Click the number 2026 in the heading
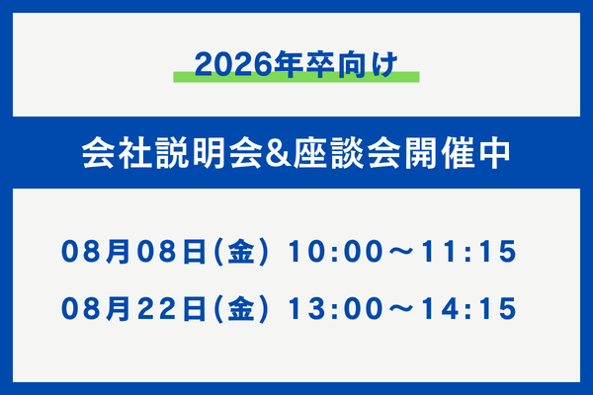point(233,64)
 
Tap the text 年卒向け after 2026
point(336,64)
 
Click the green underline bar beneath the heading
point(296,77)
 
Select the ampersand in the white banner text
point(278,154)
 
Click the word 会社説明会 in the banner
point(172,153)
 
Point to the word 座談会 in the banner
point(347,153)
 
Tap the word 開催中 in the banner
point(458,153)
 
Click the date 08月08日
point(133,252)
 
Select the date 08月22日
point(133,308)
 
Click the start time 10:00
point(335,252)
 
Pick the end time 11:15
point(468,252)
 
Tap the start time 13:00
point(335,308)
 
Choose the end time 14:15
point(468,308)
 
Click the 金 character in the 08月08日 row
point(241,252)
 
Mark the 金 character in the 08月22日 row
point(241,308)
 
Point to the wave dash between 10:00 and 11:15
point(401,252)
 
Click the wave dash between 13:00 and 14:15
point(401,309)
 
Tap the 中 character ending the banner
point(495,153)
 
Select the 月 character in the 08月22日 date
point(119,308)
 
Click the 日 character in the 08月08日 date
point(195,252)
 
